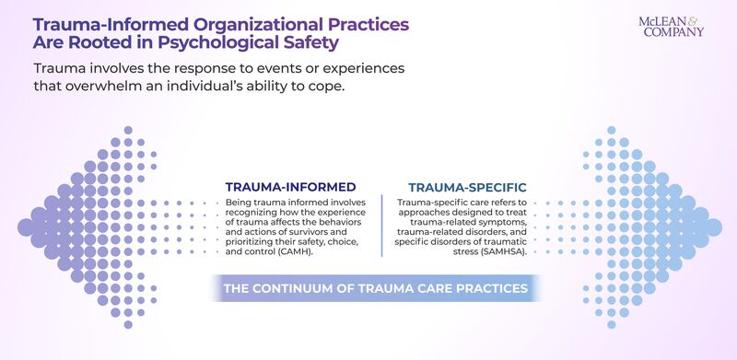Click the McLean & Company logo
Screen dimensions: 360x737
(x=671, y=25)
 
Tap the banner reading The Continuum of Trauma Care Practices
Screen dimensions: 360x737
(x=375, y=288)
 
